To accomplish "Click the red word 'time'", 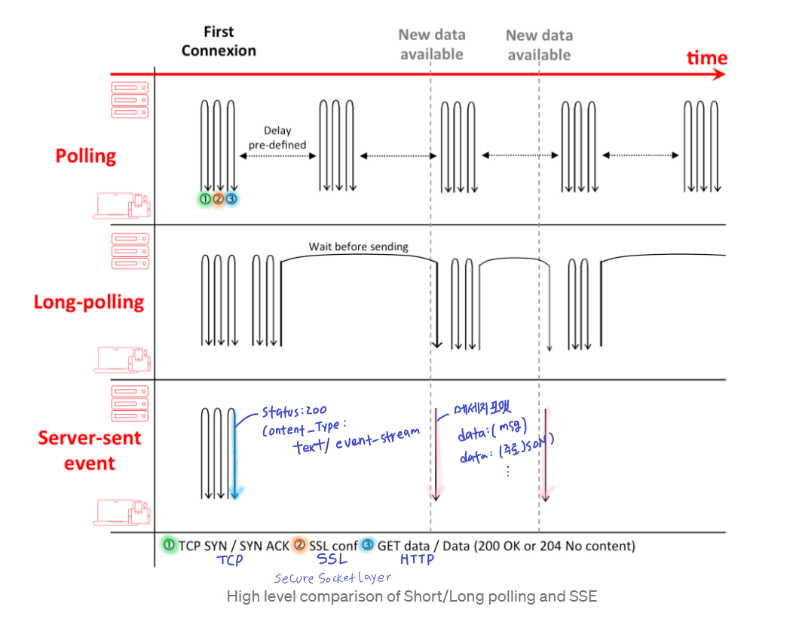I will coord(706,58).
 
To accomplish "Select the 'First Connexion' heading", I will coord(219,41).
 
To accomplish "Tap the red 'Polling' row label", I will coord(86,156).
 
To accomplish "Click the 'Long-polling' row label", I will coord(89,302).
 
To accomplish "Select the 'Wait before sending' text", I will coord(358,247).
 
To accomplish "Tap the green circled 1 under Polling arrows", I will coord(204,199).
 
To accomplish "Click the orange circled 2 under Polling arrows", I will coord(218,199).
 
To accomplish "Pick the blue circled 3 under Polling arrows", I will coord(231,199).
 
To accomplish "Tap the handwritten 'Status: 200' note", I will coord(294,412).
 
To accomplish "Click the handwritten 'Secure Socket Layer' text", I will coord(332,578).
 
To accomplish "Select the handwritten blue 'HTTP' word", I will coord(417,559).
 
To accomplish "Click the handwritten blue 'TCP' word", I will coord(230,560).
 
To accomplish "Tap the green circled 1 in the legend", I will coord(169,544).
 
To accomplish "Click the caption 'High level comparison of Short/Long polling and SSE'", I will coord(412,596).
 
